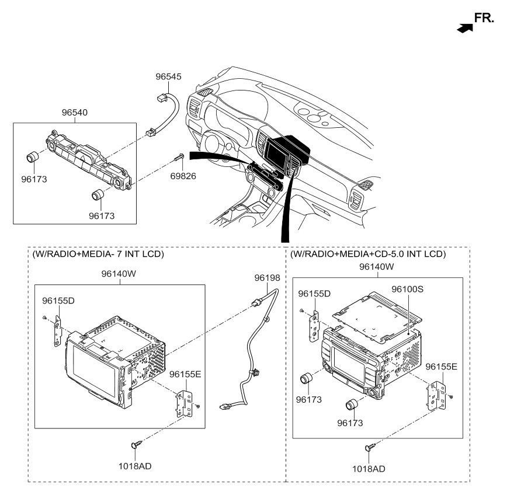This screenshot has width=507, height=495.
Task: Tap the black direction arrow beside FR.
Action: pos(464,27)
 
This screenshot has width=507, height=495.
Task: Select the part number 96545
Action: pos(169,76)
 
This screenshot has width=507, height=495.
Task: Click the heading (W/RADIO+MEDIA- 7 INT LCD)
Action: pos(98,255)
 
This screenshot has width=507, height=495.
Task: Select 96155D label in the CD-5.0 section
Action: pos(314,293)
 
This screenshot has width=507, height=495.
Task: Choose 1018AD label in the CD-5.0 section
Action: pos(369,469)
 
